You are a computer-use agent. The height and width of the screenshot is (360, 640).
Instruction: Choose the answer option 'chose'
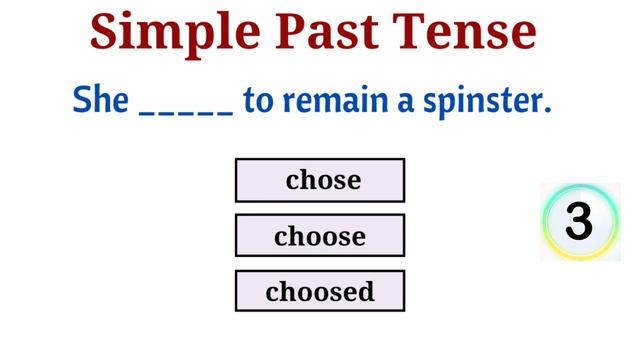(x=320, y=180)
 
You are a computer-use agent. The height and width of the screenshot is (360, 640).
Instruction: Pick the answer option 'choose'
(x=320, y=236)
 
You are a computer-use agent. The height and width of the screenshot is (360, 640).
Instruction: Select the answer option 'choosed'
(x=320, y=291)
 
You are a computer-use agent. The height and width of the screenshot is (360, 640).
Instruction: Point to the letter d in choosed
(x=366, y=291)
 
